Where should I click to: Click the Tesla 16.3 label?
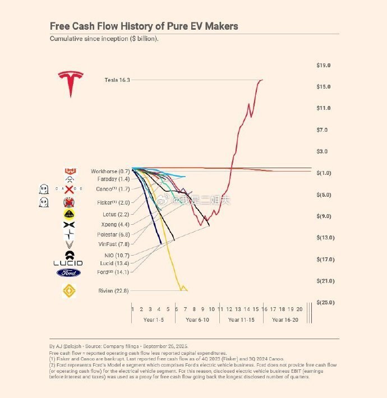tap(117, 80)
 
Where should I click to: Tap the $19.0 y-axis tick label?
tap(324, 66)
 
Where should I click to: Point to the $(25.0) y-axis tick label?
tap(325, 303)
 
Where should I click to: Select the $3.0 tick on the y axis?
tap(323, 151)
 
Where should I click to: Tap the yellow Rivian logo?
tap(69, 290)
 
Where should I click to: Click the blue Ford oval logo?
tap(68, 273)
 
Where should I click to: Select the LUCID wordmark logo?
tap(68, 263)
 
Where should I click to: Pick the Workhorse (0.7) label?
tap(110, 171)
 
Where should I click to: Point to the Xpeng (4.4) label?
tap(113, 225)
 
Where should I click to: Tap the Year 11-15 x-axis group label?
tap(242, 320)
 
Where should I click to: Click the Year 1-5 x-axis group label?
tap(153, 320)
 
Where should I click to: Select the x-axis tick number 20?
tap(300, 309)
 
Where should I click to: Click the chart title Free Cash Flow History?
tap(144, 26)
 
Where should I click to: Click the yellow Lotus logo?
tap(69, 214)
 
